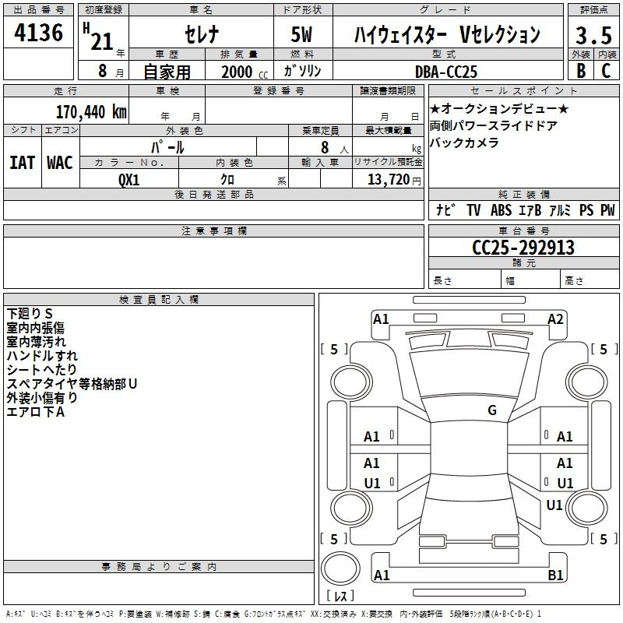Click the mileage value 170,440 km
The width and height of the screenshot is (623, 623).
tap(91, 111)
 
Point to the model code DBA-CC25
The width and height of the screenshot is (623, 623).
tap(447, 71)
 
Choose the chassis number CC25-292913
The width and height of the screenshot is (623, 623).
tap(523, 248)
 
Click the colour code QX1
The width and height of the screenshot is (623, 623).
tap(129, 178)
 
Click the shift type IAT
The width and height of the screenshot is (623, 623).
tap(22, 163)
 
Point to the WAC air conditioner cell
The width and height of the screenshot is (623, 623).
tap(60, 163)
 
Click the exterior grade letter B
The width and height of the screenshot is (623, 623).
tap(580, 70)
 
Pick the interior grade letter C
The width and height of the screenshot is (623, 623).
tap(606, 70)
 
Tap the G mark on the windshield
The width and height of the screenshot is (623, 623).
tap(491, 410)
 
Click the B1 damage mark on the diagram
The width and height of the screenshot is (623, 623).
tap(555, 575)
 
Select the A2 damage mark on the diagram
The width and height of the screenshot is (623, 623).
tap(555, 319)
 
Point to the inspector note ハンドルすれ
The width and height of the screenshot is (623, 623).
tap(41, 356)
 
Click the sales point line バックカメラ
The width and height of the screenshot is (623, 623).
tap(463, 143)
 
